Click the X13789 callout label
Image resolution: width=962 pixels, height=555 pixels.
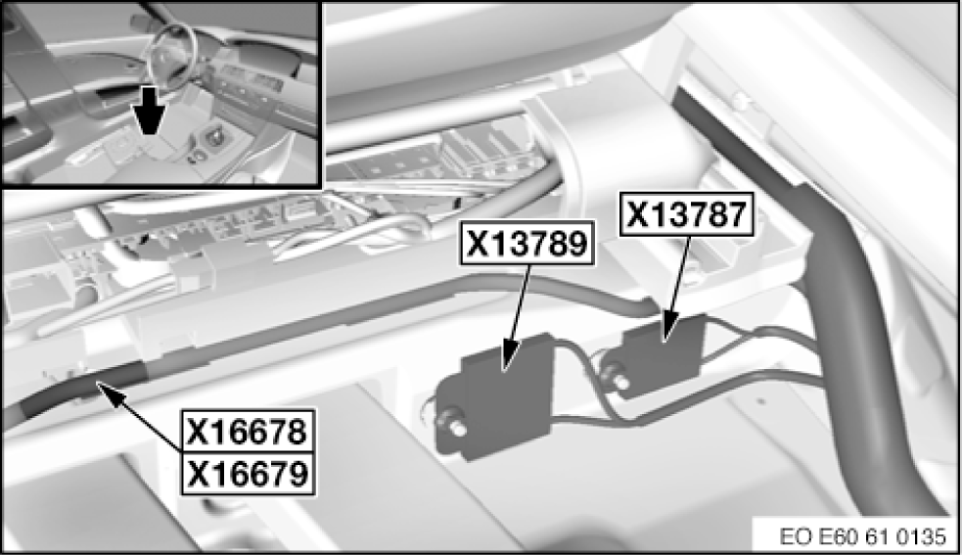coord(527,243)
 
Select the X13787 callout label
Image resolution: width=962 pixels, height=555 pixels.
coord(687,214)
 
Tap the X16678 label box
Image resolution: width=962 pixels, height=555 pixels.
coord(248,431)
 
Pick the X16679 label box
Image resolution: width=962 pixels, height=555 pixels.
coord(248,474)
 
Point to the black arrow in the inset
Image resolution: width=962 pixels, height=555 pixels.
coord(151,111)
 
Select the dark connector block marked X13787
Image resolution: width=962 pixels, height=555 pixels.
coord(663,353)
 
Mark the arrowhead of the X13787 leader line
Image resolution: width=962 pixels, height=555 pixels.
coord(667,329)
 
